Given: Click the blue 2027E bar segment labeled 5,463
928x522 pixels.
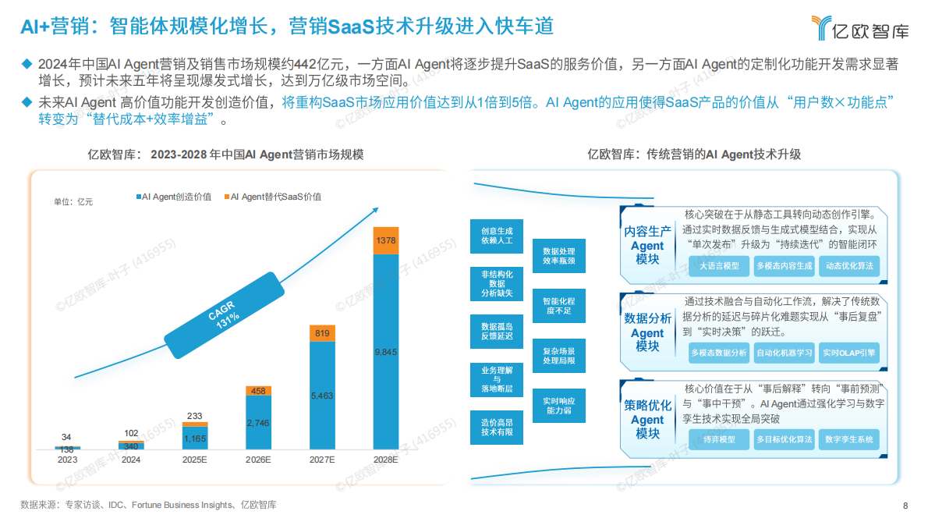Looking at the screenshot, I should click(322, 396).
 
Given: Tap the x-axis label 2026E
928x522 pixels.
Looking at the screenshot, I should click(258, 460).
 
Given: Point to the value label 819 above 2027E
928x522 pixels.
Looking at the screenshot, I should click(322, 332).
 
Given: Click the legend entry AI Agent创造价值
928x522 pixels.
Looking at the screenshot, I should click(173, 197).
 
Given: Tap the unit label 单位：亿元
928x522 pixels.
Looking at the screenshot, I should click(73, 202).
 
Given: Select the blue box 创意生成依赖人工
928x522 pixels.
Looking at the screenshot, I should click(497, 236).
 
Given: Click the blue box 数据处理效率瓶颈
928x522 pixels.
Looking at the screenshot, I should click(558, 256).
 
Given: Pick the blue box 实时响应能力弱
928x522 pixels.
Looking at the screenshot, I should click(558, 405).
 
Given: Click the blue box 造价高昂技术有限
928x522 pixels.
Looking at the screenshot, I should click(497, 427).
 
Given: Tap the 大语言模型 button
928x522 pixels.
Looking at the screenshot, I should click(719, 266).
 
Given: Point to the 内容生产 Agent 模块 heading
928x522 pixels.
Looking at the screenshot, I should click(647, 245).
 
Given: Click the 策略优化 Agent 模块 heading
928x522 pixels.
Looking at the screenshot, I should click(647, 419).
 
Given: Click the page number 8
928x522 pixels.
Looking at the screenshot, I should click(905, 505).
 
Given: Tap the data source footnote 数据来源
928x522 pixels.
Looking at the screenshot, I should click(148, 505).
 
